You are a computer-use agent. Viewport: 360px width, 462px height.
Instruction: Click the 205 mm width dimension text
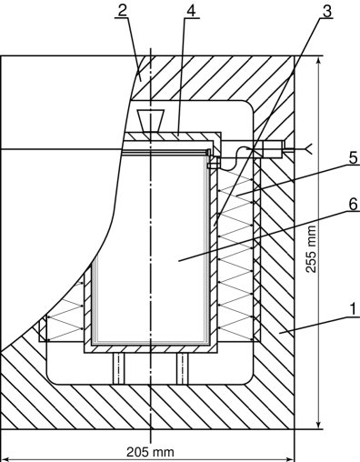149,450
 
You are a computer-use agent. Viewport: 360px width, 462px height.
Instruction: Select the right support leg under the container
183,368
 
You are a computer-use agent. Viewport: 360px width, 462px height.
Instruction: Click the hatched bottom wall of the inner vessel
151,347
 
